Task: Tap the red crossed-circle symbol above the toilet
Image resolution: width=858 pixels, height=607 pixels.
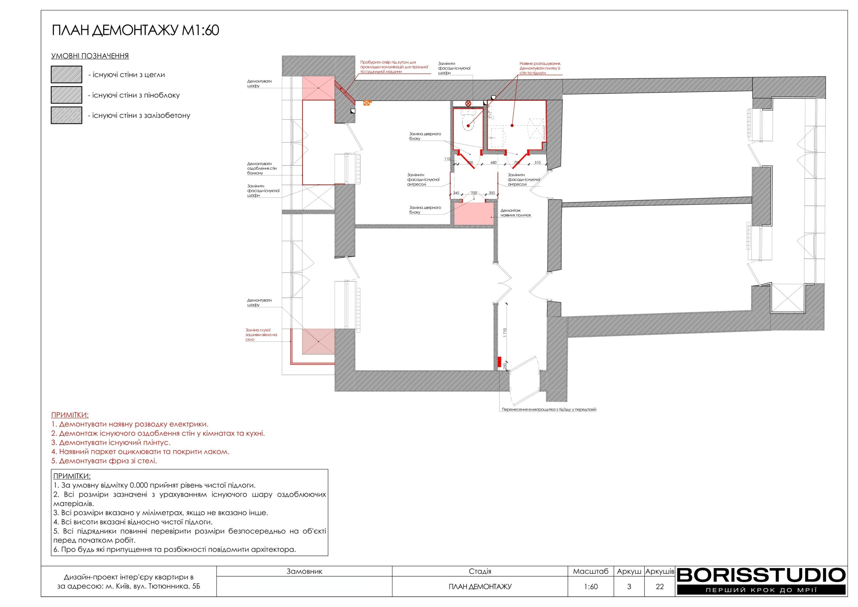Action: click(x=468, y=104)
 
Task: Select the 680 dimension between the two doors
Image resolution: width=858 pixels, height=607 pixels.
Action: click(x=493, y=163)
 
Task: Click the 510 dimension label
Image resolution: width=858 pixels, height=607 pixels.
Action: click(x=537, y=163)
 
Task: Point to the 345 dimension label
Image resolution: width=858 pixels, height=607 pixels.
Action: click(x=456, y=193)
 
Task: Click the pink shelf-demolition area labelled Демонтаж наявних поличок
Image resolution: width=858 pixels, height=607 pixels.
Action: click(x=474, y=214)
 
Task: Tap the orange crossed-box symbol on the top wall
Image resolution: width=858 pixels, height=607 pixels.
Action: click(x=367, y=103)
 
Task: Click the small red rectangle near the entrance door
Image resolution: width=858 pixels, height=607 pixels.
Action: click(x=499, y=362)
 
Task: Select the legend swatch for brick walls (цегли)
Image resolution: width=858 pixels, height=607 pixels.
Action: click(x=66, y=74)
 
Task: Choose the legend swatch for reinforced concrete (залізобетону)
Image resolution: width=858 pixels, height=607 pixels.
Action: click(x=66, y=115)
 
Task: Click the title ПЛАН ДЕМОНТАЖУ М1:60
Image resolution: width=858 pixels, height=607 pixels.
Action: click(x=135, y=30)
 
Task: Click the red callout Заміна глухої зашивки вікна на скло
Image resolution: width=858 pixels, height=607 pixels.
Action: click(x=261, y=335)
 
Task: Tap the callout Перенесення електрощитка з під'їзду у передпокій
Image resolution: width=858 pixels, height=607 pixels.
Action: click(x=549, y=409)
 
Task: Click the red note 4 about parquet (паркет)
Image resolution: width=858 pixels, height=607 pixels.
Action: click(x=140, y=451)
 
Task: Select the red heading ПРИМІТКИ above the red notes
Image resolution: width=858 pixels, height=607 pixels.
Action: click(x=70, y=415)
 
